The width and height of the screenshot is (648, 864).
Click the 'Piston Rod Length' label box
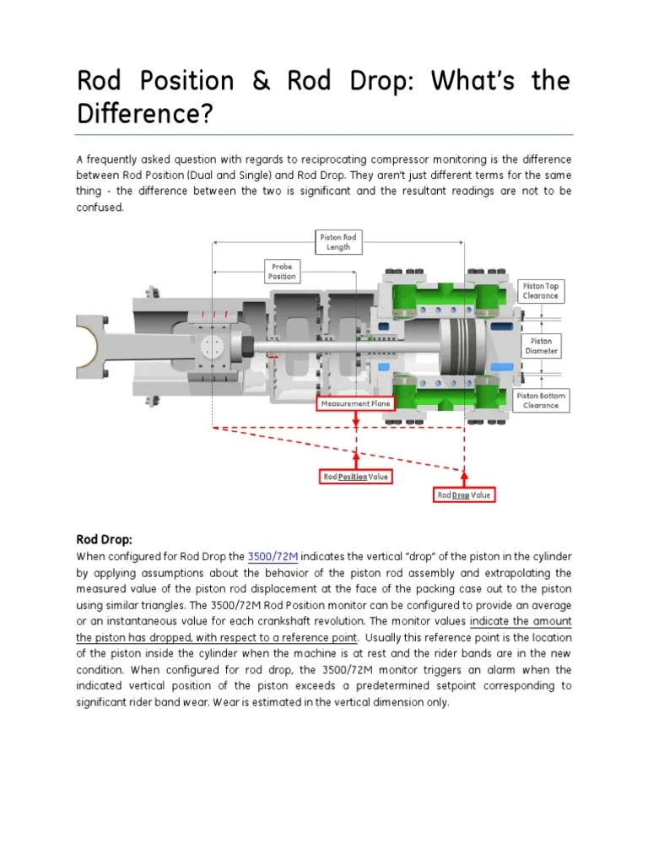coord(337,242)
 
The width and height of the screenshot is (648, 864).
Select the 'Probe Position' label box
coord(282,272)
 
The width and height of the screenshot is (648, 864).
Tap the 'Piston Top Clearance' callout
coord(541,291)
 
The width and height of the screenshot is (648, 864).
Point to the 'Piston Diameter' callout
coord(541,346)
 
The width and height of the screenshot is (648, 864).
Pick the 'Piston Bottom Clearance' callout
coord(541,400)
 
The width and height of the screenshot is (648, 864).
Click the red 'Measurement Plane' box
coord(355,404)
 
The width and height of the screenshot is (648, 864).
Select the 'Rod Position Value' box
coord(356,477)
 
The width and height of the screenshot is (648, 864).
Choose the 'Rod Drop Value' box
coord(464,494)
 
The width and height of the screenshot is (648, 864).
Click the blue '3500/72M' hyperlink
coord(273,557)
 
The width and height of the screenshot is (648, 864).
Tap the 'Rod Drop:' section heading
coord(105,539)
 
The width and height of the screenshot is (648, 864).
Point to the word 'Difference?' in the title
coord(143,112)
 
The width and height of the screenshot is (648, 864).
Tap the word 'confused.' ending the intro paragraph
coord(100,208)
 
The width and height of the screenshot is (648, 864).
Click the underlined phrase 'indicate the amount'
coord(521,622)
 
